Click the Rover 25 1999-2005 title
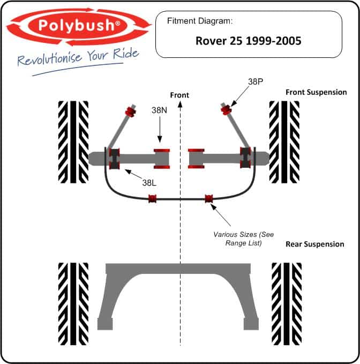(249, 41)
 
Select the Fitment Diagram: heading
(200, 21)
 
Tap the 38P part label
(256, 81)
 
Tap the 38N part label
(159, 110)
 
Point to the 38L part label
(149, 183)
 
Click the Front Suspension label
(316, 92)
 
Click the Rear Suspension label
(315, 244)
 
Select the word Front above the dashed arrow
(179, 95)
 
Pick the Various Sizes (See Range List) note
(244, 239)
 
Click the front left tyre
(73, 142)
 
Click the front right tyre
(284, 142)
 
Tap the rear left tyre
(73, 304)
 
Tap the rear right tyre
(287, 304)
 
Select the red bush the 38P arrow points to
(226, 109)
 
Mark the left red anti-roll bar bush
(152, 199)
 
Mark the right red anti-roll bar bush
(209, 198)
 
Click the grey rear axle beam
(178, 269)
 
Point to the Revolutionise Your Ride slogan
(78, 57)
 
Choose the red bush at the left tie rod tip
(131, 111)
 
